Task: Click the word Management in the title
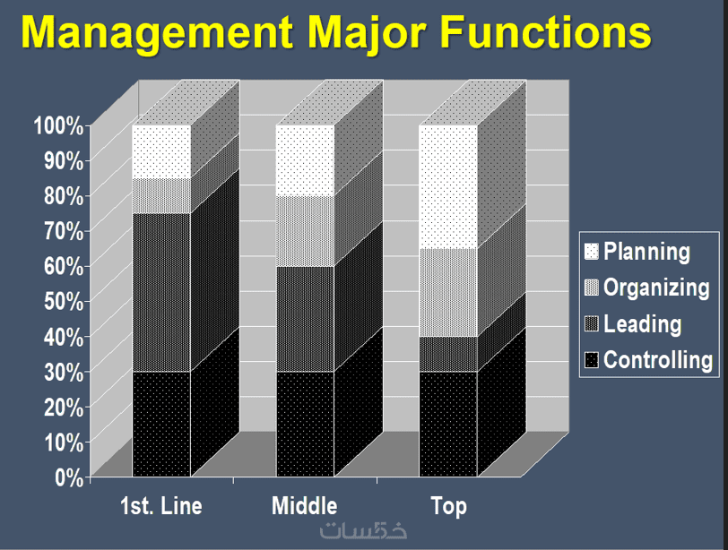(157, 33)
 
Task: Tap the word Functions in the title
(545, 31)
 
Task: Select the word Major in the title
(367, 33)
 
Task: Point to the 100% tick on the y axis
(59, 125)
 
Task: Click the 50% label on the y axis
(64, 302)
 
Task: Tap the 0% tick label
(69, 477)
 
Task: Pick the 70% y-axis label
(64, 231)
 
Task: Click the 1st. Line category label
(161, 506)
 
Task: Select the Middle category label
(305, 506)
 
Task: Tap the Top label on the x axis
(448, 507)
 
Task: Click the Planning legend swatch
(591, 252)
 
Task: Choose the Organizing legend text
(656, 288)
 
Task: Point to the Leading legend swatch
(591, 323)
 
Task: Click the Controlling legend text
(658, 360)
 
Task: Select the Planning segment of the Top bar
(448, 187)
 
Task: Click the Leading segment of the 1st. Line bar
(161, 293)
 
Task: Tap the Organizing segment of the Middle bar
(305, 231)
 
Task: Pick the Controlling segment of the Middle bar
(305, 424)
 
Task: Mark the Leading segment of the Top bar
(448, 355)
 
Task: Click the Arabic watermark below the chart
(363, 530)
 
